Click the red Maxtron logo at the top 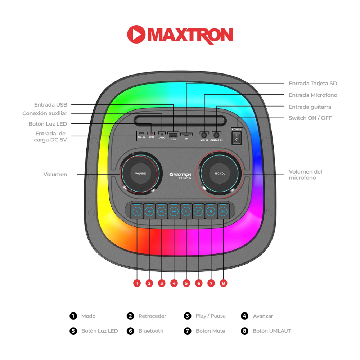[x=180, y=35]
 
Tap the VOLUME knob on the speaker [x=140, y=174]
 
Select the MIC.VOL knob [x=220, y=174]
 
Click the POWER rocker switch [x=237, y=138]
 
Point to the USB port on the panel [x=174, y=135]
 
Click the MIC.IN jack [x=204, y=135]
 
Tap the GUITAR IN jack [x=216, y=135]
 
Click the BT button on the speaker [x=198, y=211]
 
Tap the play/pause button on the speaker [x=161, y=211]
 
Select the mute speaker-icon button [x=211, y=211]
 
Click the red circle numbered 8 [x=224, y=283]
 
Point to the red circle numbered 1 [x=137, y=283]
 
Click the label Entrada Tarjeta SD [x=313, y=84]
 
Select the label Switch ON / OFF [x=310, y=118]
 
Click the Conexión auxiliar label [x=45, y=113]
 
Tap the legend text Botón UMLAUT [x=271, y=331]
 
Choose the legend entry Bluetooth [x=151, y=331]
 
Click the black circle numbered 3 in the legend [x=187, y=316]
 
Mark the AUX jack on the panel [x=162, y=134]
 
